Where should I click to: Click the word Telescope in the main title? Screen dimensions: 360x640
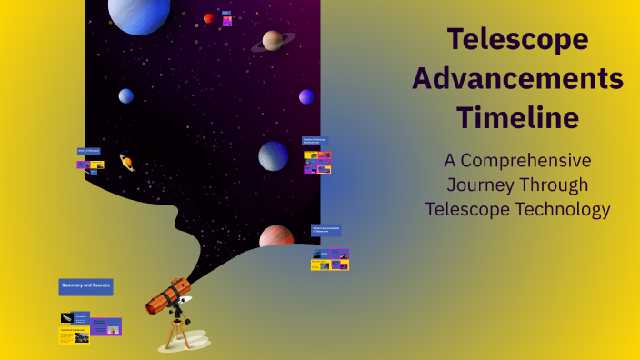point(517,40)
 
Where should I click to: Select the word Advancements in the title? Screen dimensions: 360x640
point(517,79)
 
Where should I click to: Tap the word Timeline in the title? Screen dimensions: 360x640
point(517,118)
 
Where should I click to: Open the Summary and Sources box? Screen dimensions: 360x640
point(85,286)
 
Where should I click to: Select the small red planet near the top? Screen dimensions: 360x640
point(208,18)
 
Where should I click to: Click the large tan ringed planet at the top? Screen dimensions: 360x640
point(272,41)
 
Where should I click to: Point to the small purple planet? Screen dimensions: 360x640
point(306,96)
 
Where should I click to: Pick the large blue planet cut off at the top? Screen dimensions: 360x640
point(139,14)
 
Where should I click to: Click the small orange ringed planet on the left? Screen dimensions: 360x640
point(126,163)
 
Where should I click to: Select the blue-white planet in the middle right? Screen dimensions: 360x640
point(273,156)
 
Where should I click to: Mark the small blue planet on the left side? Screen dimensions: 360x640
point(125,95)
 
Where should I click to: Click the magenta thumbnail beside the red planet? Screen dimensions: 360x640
point(227,21)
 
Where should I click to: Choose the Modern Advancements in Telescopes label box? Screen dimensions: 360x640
point(326,231)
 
